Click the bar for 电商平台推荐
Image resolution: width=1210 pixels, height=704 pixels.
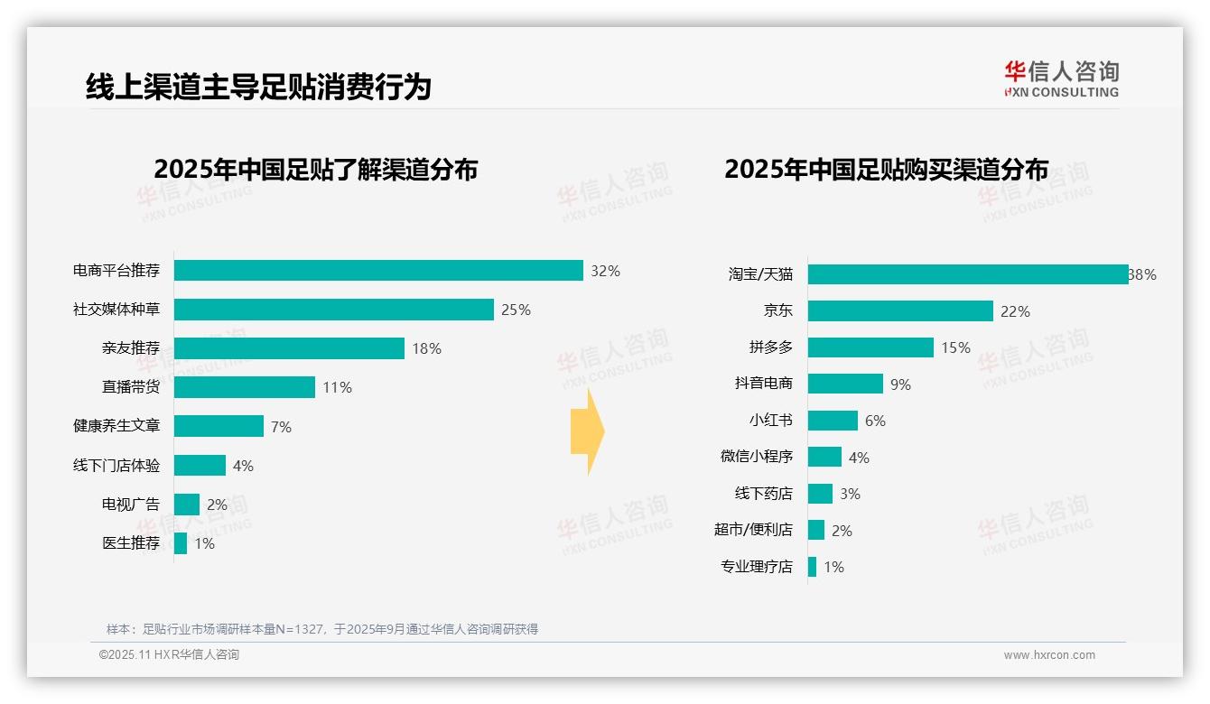(x=378, y=271)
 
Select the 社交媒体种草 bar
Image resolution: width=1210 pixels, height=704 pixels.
(x=334, y=310)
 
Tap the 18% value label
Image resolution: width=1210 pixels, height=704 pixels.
(x=426, y=349)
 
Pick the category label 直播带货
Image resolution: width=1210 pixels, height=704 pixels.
(x=131, y=387)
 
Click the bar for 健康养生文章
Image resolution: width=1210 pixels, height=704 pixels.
(x=219, y=426)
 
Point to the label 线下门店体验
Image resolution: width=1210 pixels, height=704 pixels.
(x=116, y=466)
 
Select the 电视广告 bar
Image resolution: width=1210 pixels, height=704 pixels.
(x=187, y=505)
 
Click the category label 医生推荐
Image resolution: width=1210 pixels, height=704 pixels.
(x=131, y=543)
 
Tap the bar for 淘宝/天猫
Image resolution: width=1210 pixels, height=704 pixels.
(x=968, y=274)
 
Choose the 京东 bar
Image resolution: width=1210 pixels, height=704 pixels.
(x=900, y=311)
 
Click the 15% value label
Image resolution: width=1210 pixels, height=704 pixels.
(x=955, y=347)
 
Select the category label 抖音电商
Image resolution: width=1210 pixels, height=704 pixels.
(x=764, y=384)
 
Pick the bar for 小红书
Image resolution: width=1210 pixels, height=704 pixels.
(x=833, y=421)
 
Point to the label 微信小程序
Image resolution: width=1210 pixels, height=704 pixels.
(x=757, y=457)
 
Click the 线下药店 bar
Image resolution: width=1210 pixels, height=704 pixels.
(x=820, y=494)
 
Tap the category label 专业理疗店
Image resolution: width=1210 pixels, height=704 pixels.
(x=757, y=567)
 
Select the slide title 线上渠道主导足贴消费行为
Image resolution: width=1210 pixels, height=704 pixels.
(x=258, y=87)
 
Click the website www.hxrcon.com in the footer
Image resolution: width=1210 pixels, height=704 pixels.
(x=1049, y=655)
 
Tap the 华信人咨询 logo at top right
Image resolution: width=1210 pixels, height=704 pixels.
(x=1061, y=79)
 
